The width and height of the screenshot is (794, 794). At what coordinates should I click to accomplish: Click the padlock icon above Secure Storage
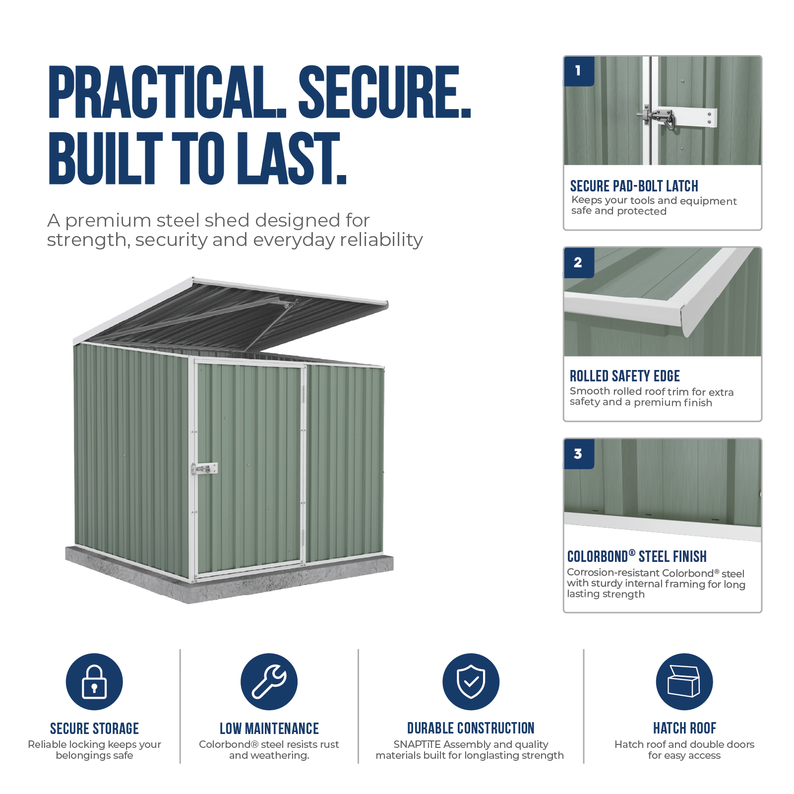point(94,681)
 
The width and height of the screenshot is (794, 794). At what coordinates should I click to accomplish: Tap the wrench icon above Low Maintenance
point(269,681)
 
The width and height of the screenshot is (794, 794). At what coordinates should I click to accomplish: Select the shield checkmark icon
point(471,681)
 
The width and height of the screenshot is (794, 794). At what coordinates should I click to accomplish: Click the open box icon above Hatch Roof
point(684,681)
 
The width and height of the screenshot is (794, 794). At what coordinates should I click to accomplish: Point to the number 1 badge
point(579,71)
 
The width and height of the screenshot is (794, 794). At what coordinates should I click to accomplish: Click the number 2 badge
point(579,262)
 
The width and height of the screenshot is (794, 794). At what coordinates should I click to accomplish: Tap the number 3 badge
point(579,454)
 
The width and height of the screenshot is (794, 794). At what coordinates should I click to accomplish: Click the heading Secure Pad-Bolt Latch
point(634,186)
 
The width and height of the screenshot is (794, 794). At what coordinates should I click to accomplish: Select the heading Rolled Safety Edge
point(624,376)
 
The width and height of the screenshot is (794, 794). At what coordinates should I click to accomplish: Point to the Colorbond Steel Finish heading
point(637,556)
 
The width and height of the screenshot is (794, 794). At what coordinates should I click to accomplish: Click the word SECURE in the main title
point(384,92)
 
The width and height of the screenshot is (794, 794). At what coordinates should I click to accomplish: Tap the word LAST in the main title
point(291,158)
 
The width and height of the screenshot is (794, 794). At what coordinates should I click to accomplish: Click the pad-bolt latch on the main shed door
point(204,468)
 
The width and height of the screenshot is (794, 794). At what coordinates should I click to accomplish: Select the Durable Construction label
point(471,728)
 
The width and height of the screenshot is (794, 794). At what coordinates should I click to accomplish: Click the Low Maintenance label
point(269,728)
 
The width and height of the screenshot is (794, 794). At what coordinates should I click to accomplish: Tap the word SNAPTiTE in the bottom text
point(417,744)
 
